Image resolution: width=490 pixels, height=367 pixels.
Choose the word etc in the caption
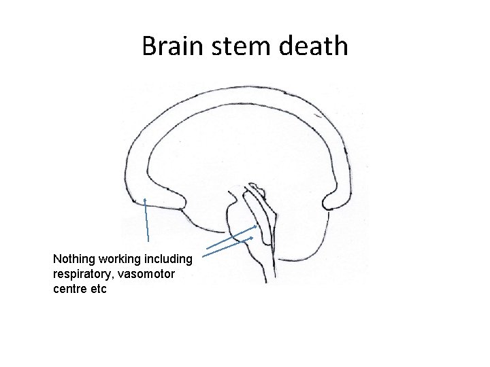tap(99, 289)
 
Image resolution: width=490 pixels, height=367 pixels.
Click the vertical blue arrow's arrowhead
tap(146, 200)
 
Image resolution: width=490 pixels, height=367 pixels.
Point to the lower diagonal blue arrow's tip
tap(252, 239)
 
